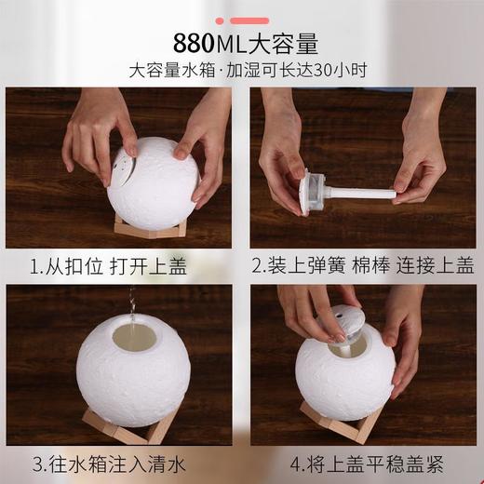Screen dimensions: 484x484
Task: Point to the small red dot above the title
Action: coord(219,20)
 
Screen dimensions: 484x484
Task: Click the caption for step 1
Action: coord(108,267)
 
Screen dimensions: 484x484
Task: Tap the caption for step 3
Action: coord(108,463)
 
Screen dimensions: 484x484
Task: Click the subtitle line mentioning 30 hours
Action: coord(246,71)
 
